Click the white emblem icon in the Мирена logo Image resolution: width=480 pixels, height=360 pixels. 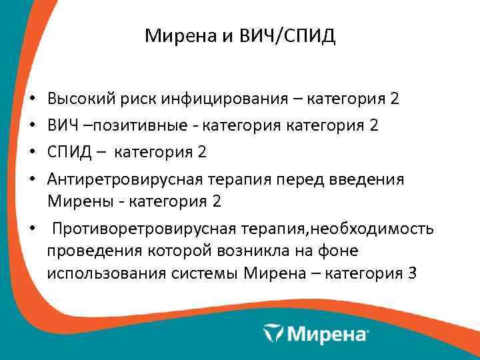[x=274, y=332]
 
